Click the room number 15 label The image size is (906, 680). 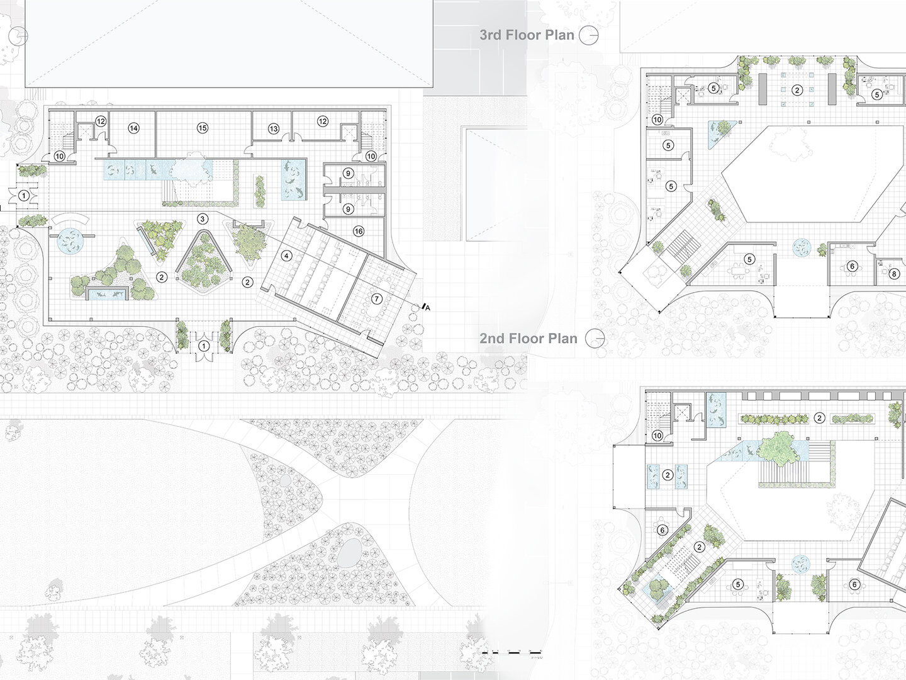coord(203,128)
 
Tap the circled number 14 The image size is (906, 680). coord(133,128)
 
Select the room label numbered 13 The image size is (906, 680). coord(274,128)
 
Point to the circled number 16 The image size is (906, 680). coord(359,231)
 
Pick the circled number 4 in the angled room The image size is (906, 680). coord(287,256)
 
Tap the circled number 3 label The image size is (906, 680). coord(203,218)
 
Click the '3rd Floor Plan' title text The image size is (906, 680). coord(527,35)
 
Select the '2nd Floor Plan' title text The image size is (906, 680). coord(528,338)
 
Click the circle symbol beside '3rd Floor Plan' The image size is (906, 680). coord(588,35)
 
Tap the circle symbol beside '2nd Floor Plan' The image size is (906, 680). coord(595,339)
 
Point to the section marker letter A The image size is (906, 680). coord(427,307)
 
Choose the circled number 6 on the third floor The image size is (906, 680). coord(853,266)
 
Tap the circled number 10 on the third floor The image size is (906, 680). coord(657,119)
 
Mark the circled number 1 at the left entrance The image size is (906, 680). coord(24,195)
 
